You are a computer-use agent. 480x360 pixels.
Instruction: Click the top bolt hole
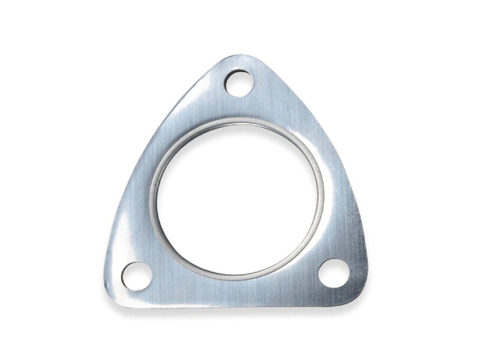pyautogui.click(x=239, y=83)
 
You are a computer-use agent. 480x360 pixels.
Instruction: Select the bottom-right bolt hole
pyautogui.click(x=334, y=273)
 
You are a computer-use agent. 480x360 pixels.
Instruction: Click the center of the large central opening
pyautogui.click(x=238, y=199)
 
